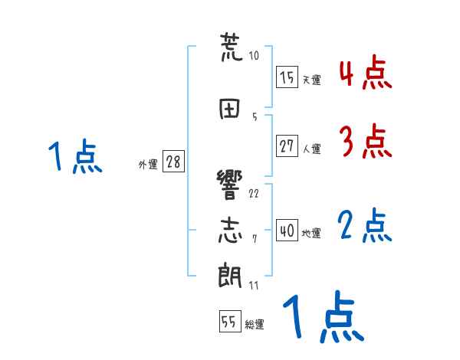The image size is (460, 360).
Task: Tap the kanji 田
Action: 230,107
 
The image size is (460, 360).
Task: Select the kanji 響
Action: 230,184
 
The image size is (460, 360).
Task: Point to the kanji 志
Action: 230,230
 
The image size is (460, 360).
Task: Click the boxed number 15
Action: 287,77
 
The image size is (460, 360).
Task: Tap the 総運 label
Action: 255,325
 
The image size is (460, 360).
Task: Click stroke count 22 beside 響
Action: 254,193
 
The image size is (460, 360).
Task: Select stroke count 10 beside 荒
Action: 254,55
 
